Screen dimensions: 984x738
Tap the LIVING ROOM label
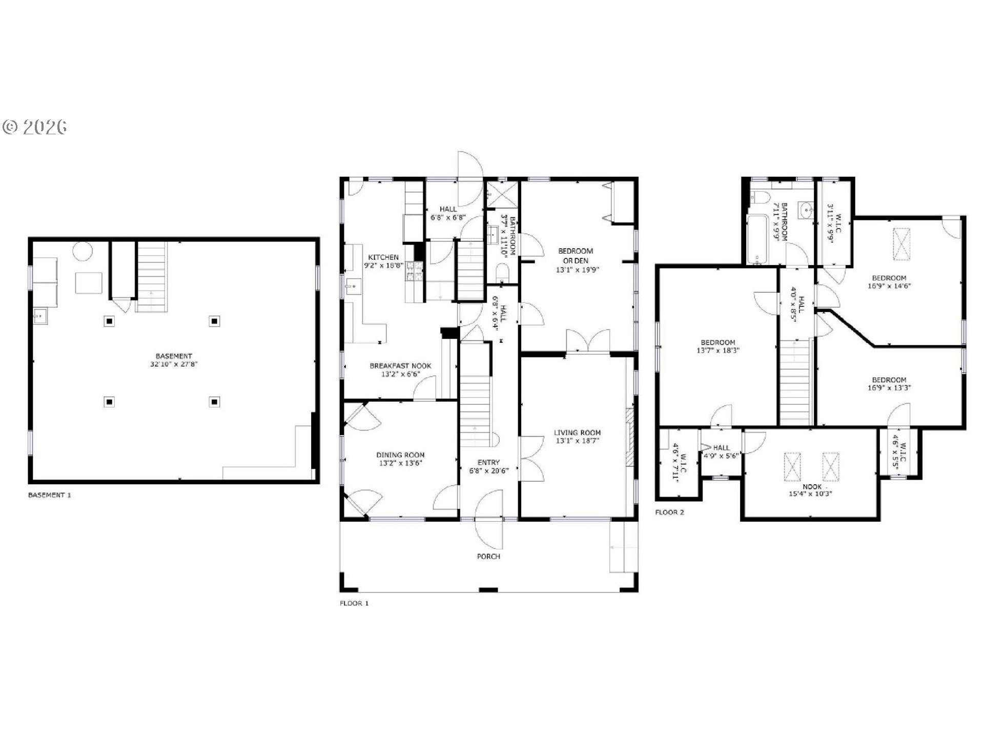577,433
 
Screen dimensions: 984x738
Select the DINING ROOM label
400,455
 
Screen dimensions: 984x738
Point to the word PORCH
488,557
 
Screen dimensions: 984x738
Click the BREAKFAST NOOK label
400,366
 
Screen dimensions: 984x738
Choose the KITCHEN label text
383,257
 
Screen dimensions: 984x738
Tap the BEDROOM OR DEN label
576,256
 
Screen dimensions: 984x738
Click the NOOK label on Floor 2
812,487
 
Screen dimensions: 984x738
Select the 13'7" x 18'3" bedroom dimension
718,351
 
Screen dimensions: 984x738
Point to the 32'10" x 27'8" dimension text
174,364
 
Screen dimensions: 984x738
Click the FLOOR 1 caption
354,603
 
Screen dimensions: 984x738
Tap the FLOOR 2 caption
669,512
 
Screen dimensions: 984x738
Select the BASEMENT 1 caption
49,495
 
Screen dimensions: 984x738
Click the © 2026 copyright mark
35,127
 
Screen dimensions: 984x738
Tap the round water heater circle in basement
81,252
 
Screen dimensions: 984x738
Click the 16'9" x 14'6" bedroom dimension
889,286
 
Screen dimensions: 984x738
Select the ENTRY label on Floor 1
488,462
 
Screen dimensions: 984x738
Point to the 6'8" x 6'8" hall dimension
448,217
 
